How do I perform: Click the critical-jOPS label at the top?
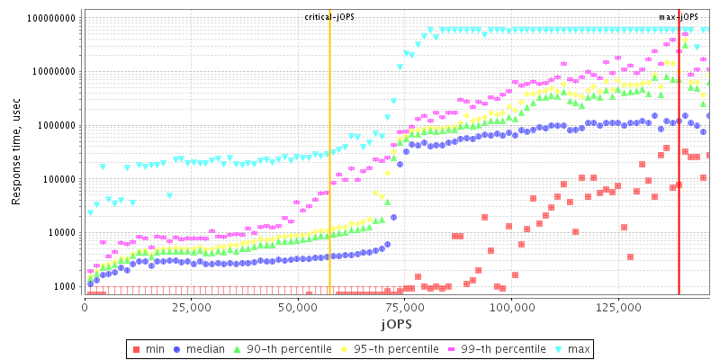(329, 16)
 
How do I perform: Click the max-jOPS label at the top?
(679, 16)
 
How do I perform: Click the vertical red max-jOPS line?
(679, 180)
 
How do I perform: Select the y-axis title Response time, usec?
(16, 153)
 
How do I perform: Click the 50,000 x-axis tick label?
(298, 307)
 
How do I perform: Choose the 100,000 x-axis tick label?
(511, 307)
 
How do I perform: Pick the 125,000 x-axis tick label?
(618, 307)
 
